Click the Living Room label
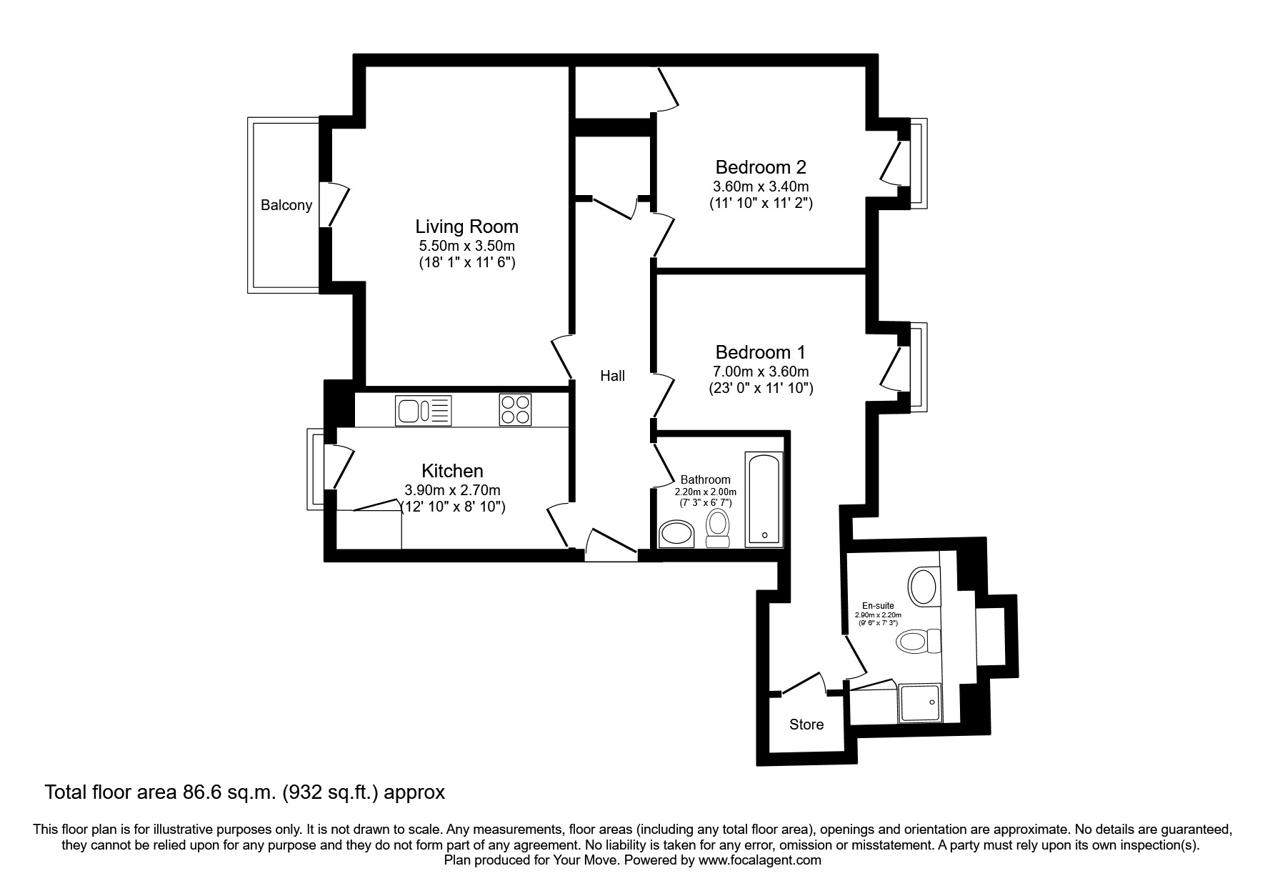click(466, 227)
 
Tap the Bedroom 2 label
click(761, 167)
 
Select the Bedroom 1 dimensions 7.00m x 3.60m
click(761, 372)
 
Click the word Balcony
click(286, 206)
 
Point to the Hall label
click(612, 376)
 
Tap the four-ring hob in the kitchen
click(515, 410)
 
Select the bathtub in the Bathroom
click(764, 499)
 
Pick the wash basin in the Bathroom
click(676, 534)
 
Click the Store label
click(806, 725)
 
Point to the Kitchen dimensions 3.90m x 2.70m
click(452, 490)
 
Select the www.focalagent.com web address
click(760, 860)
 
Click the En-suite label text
click(878, 606)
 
